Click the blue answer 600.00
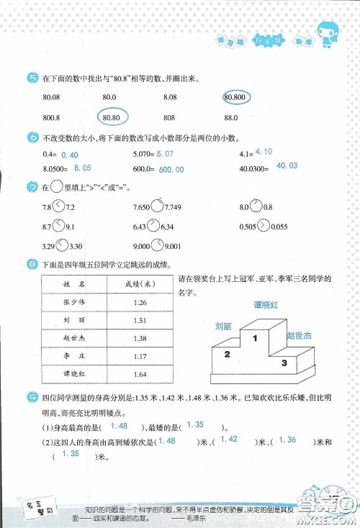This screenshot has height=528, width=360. pyautogui.click(x=171, y=170)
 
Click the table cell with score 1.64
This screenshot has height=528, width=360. pyautogui.click(x=140, y=374)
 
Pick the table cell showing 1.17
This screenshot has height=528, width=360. pyautogui.click(x=140, y=355)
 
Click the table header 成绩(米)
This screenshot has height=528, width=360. pyautogui.click(x=140, y=283)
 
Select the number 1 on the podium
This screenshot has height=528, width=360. pyautogui.click(x=253, y=337)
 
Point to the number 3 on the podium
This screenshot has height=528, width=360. pyautogui.click(x=284, y=363)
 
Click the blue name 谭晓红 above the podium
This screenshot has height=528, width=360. pyautogui.click(x=266, y=305)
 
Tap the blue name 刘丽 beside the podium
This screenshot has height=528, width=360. pyautogui.click(x=224, y=326)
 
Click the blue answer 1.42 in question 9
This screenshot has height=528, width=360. pyautogui.click(x=229, y=440)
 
